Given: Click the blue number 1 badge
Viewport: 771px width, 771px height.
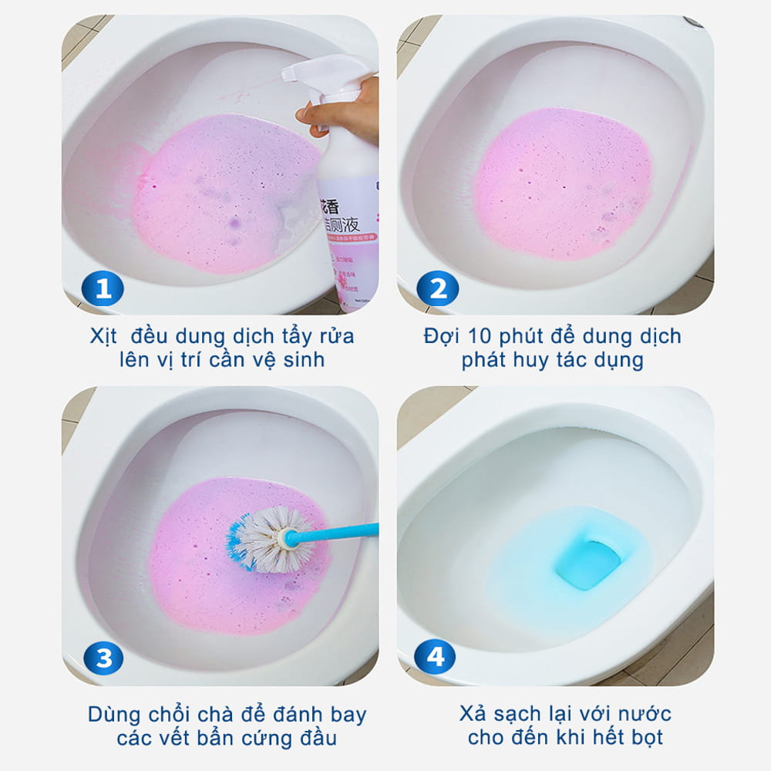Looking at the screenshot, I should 103,289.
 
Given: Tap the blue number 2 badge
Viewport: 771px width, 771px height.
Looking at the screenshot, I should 437,289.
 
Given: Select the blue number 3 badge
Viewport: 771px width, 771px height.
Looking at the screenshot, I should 103,658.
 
